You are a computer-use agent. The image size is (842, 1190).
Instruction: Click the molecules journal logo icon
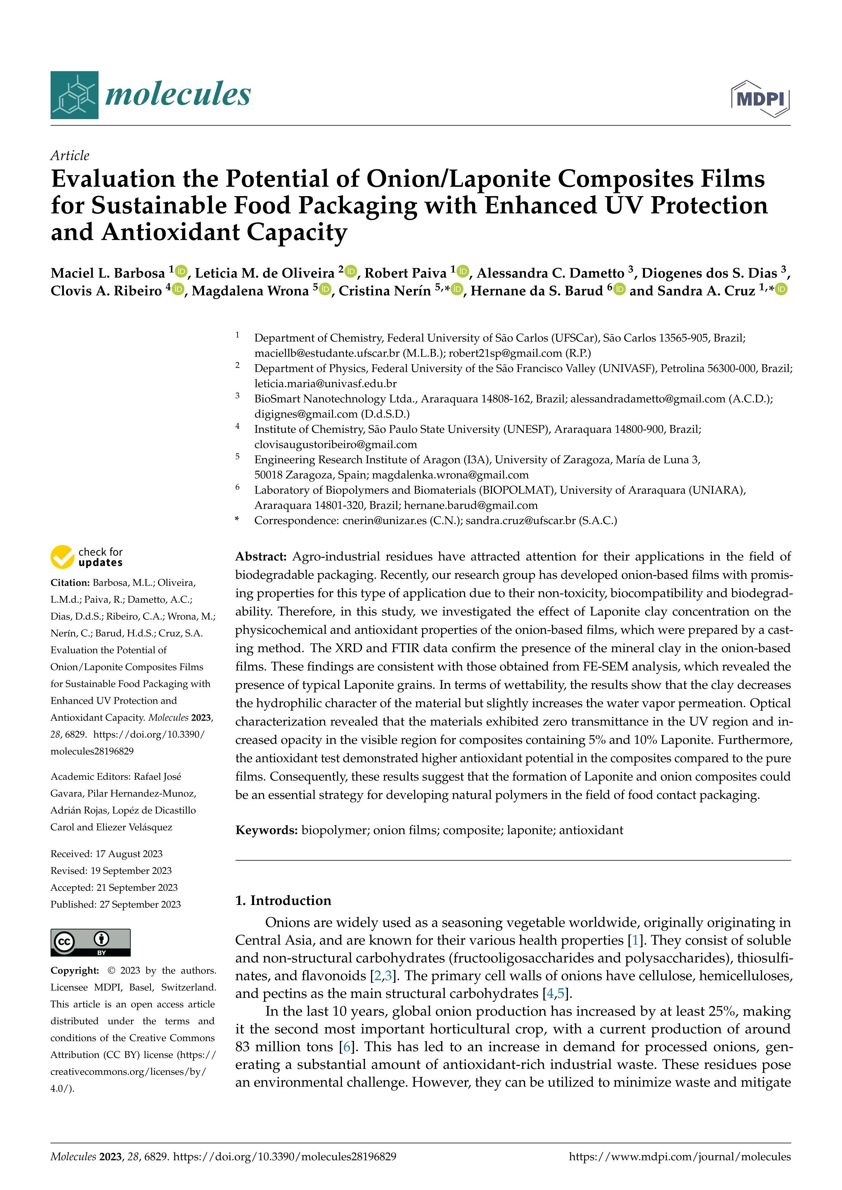tap(74, 95)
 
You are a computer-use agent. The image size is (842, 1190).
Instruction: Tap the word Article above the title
tap(70, 155)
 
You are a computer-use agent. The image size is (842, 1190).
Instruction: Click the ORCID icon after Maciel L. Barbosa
tap(181, 271)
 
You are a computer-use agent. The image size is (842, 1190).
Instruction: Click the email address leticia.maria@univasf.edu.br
tap(325, 383)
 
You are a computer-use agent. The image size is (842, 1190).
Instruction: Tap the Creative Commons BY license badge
tap(90, 942)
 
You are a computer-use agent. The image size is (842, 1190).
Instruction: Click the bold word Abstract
tap(261, 556)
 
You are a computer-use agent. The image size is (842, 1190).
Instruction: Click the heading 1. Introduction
tap(283, 900)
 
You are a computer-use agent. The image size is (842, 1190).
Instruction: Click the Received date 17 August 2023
tap(129, 854)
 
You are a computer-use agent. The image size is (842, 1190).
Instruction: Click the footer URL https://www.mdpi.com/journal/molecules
tap(680, 1157)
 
